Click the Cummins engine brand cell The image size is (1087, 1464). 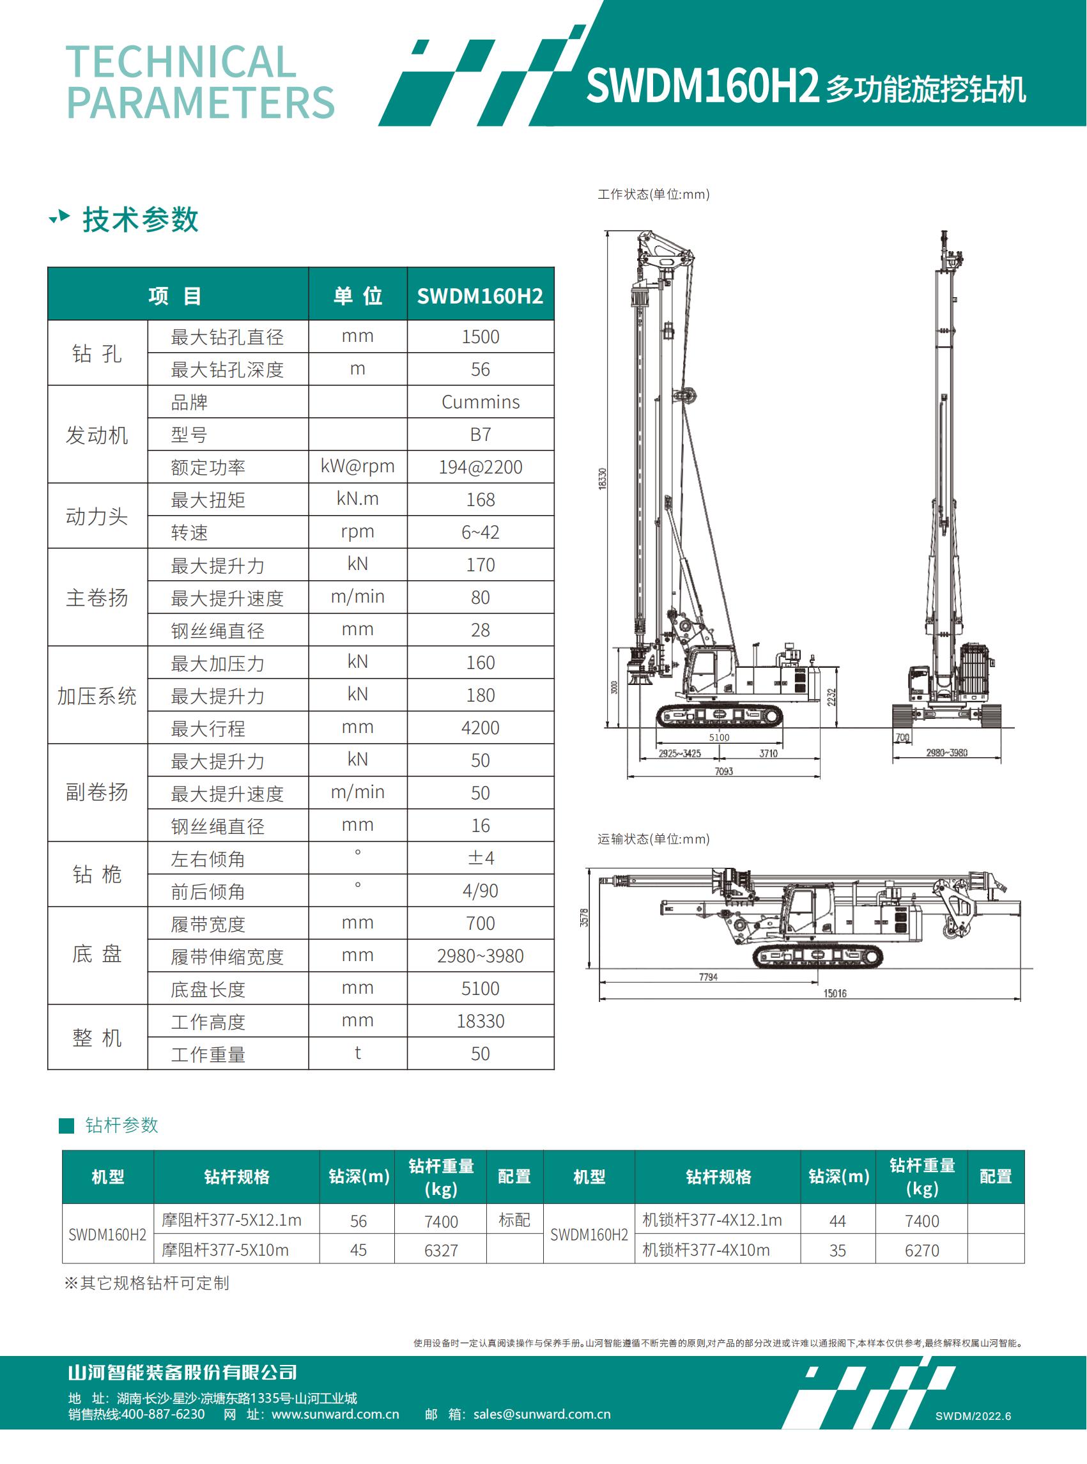[x=481, y=401]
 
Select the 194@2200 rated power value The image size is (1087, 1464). [x=481, y=467]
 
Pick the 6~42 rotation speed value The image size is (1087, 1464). [x=481, y=532]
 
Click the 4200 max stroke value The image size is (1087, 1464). [x=481, y=728]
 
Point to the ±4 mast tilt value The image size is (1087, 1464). [x=481, y=858]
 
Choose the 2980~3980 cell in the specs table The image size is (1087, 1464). [x=481, y=955]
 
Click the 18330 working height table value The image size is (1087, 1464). [x=481, y=1021]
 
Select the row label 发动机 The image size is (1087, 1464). [x=96, y=435]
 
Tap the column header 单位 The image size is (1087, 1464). [x=357, y=295]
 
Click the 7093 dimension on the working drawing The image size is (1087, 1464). [x=724, y=771]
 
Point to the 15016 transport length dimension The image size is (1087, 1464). [x=835, y=993]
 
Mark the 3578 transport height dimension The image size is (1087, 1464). [x=584, y=918]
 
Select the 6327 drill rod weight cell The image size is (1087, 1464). [x=441, y=1250]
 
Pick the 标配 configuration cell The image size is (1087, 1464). [x=514, y=1220]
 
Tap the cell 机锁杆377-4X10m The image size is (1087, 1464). [x=706, y=1250]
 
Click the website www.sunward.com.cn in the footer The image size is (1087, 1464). [x=335, y=1414]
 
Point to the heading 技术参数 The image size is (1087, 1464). [x=140, y=219]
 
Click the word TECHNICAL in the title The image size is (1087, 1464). [x=181, y=62]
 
